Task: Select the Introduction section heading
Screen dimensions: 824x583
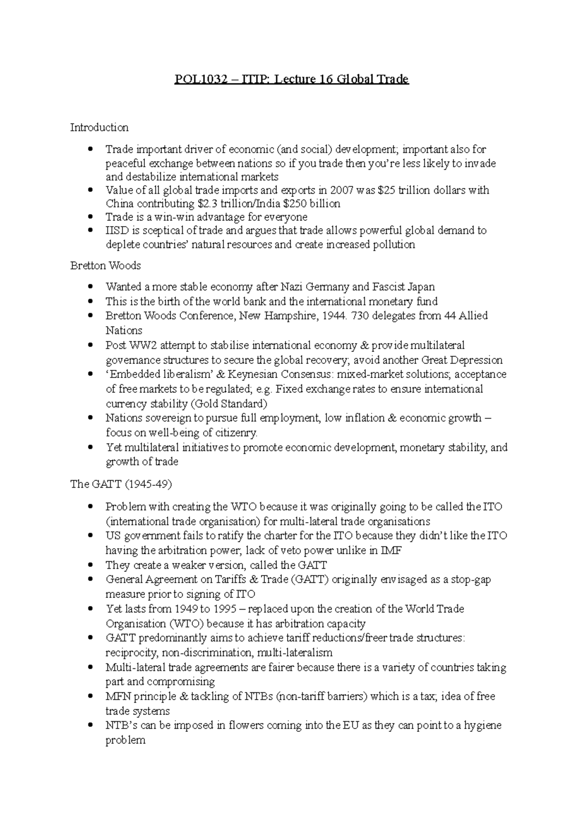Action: click(x=99, y=128)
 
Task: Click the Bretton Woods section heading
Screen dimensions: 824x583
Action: click(x=105, y=266)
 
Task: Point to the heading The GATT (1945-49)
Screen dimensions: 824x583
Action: click(x=121, y=484)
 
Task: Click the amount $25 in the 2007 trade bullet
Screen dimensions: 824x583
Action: click(x=386, y=190)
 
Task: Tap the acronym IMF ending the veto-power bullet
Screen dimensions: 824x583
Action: click(x=391, y=551)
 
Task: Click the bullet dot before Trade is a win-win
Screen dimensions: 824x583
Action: click(x=90, y=217)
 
